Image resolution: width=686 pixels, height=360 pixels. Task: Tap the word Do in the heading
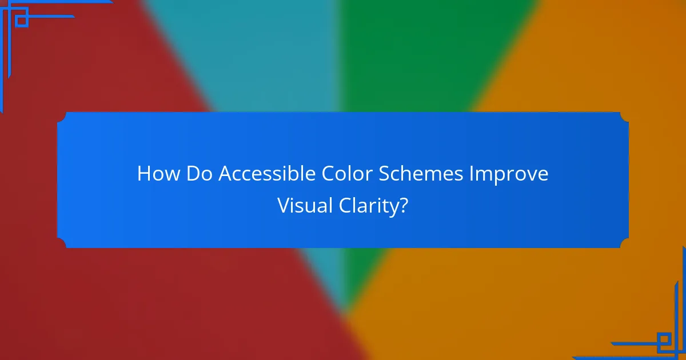coord(200,174)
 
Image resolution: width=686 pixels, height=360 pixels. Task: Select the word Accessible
coord(266,174)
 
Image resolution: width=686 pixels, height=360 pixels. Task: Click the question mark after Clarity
coord(404,206)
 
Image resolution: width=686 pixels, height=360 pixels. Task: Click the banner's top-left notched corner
coord(62,117)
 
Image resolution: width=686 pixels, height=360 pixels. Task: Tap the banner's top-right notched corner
coord(624,117)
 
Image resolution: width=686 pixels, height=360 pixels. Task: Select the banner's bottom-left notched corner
coord(62,243)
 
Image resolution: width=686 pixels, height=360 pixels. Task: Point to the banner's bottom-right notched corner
coord(624,243)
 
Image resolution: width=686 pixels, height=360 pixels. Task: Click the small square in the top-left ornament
coord(22,21)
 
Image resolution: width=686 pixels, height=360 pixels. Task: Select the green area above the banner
coord(412,57)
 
